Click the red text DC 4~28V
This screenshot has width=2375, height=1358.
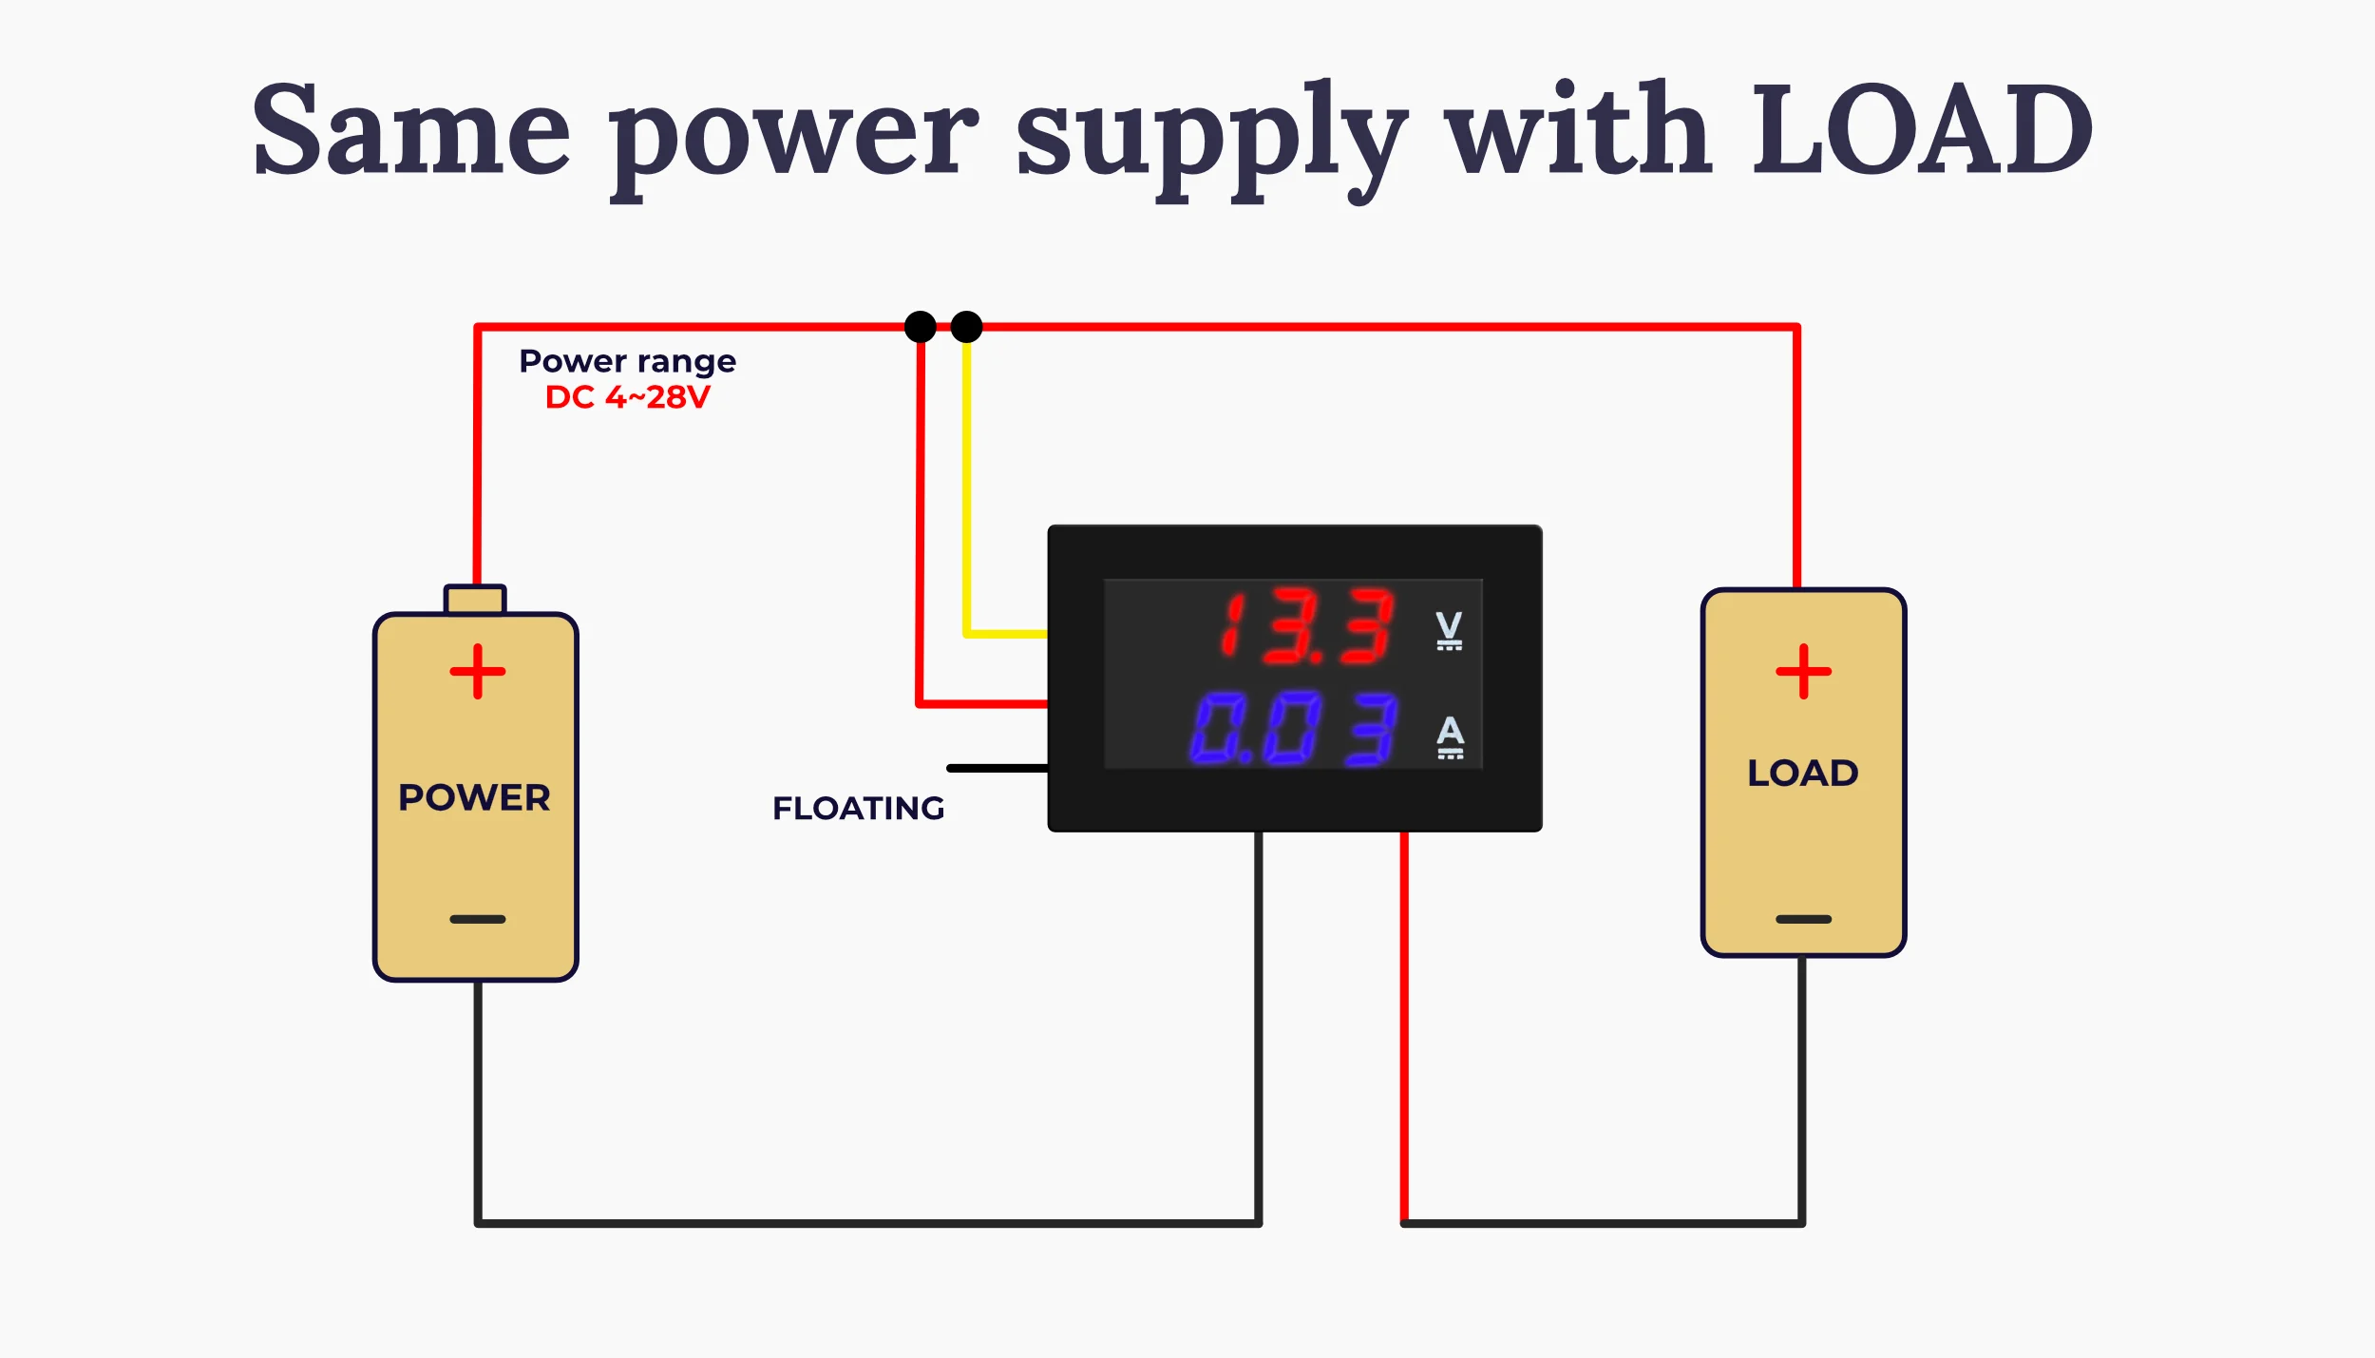tap(628, 397)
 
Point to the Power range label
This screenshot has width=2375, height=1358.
tap(628, 362)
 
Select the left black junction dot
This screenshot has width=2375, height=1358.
tap(921, 327)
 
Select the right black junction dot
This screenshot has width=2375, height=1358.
tap(966, 327)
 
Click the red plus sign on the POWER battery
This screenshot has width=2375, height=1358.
tap(478, 672)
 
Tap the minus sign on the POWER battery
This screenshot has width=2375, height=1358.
tap(478, 919)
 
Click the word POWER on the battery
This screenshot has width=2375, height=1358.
tap(475, 797)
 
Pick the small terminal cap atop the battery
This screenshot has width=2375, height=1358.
tap(475, 600)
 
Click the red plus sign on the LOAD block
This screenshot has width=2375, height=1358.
tap(1804, 672)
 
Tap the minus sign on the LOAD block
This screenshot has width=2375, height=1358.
tap(1804, 919)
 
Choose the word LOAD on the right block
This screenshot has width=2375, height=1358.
tap(1803, 774)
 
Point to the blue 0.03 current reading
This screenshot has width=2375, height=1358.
tap(1293, 729)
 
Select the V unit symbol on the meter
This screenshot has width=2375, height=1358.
tap(1449, 630)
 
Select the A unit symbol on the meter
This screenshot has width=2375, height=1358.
tap(1451, 737)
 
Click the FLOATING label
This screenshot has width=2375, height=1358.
tap(859, 809)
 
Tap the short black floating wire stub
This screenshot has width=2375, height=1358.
tap(997, 768)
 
